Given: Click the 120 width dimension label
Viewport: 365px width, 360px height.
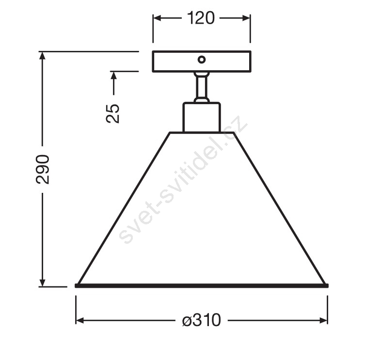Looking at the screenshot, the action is coord(201,18).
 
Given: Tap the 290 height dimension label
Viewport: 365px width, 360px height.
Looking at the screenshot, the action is coord(43,170).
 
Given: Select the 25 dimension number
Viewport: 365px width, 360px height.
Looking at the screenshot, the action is coord(113,113).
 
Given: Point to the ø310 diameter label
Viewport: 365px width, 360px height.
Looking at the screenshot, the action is coord(201,320).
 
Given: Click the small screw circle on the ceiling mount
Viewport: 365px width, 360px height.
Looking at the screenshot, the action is coord(202,60).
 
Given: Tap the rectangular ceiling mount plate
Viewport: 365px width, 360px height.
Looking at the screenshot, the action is coord(202,62).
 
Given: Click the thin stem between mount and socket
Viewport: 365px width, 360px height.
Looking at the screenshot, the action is coord(202,87).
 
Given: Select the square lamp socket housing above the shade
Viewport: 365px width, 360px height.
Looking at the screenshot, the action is coord(202,117).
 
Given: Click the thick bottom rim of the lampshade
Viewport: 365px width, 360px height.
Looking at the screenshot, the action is coord(202,285).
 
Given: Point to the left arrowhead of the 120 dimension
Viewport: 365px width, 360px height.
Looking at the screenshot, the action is coord(157,18).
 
